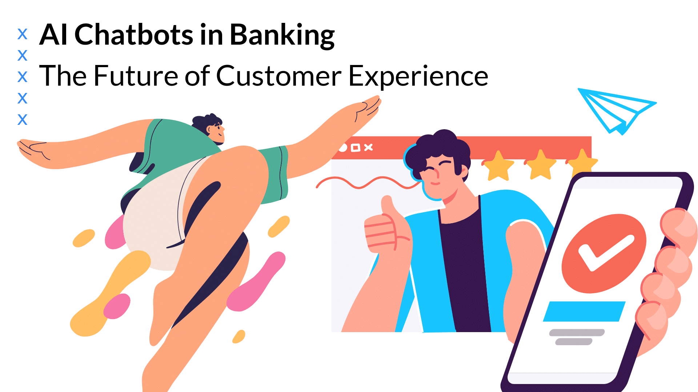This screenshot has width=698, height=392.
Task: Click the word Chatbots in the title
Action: pos(134,35)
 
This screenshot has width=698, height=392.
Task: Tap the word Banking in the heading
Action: pos(282,36)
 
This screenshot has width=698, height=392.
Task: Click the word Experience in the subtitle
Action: pos(418,77)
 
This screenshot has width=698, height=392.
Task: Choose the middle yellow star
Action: pos(541,165)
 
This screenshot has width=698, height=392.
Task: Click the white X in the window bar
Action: pos(369,147)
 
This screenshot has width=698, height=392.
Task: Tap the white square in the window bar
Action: pos(355,147)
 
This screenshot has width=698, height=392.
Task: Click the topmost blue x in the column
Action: pos(23,34)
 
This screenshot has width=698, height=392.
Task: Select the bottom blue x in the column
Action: pos(23,119)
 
